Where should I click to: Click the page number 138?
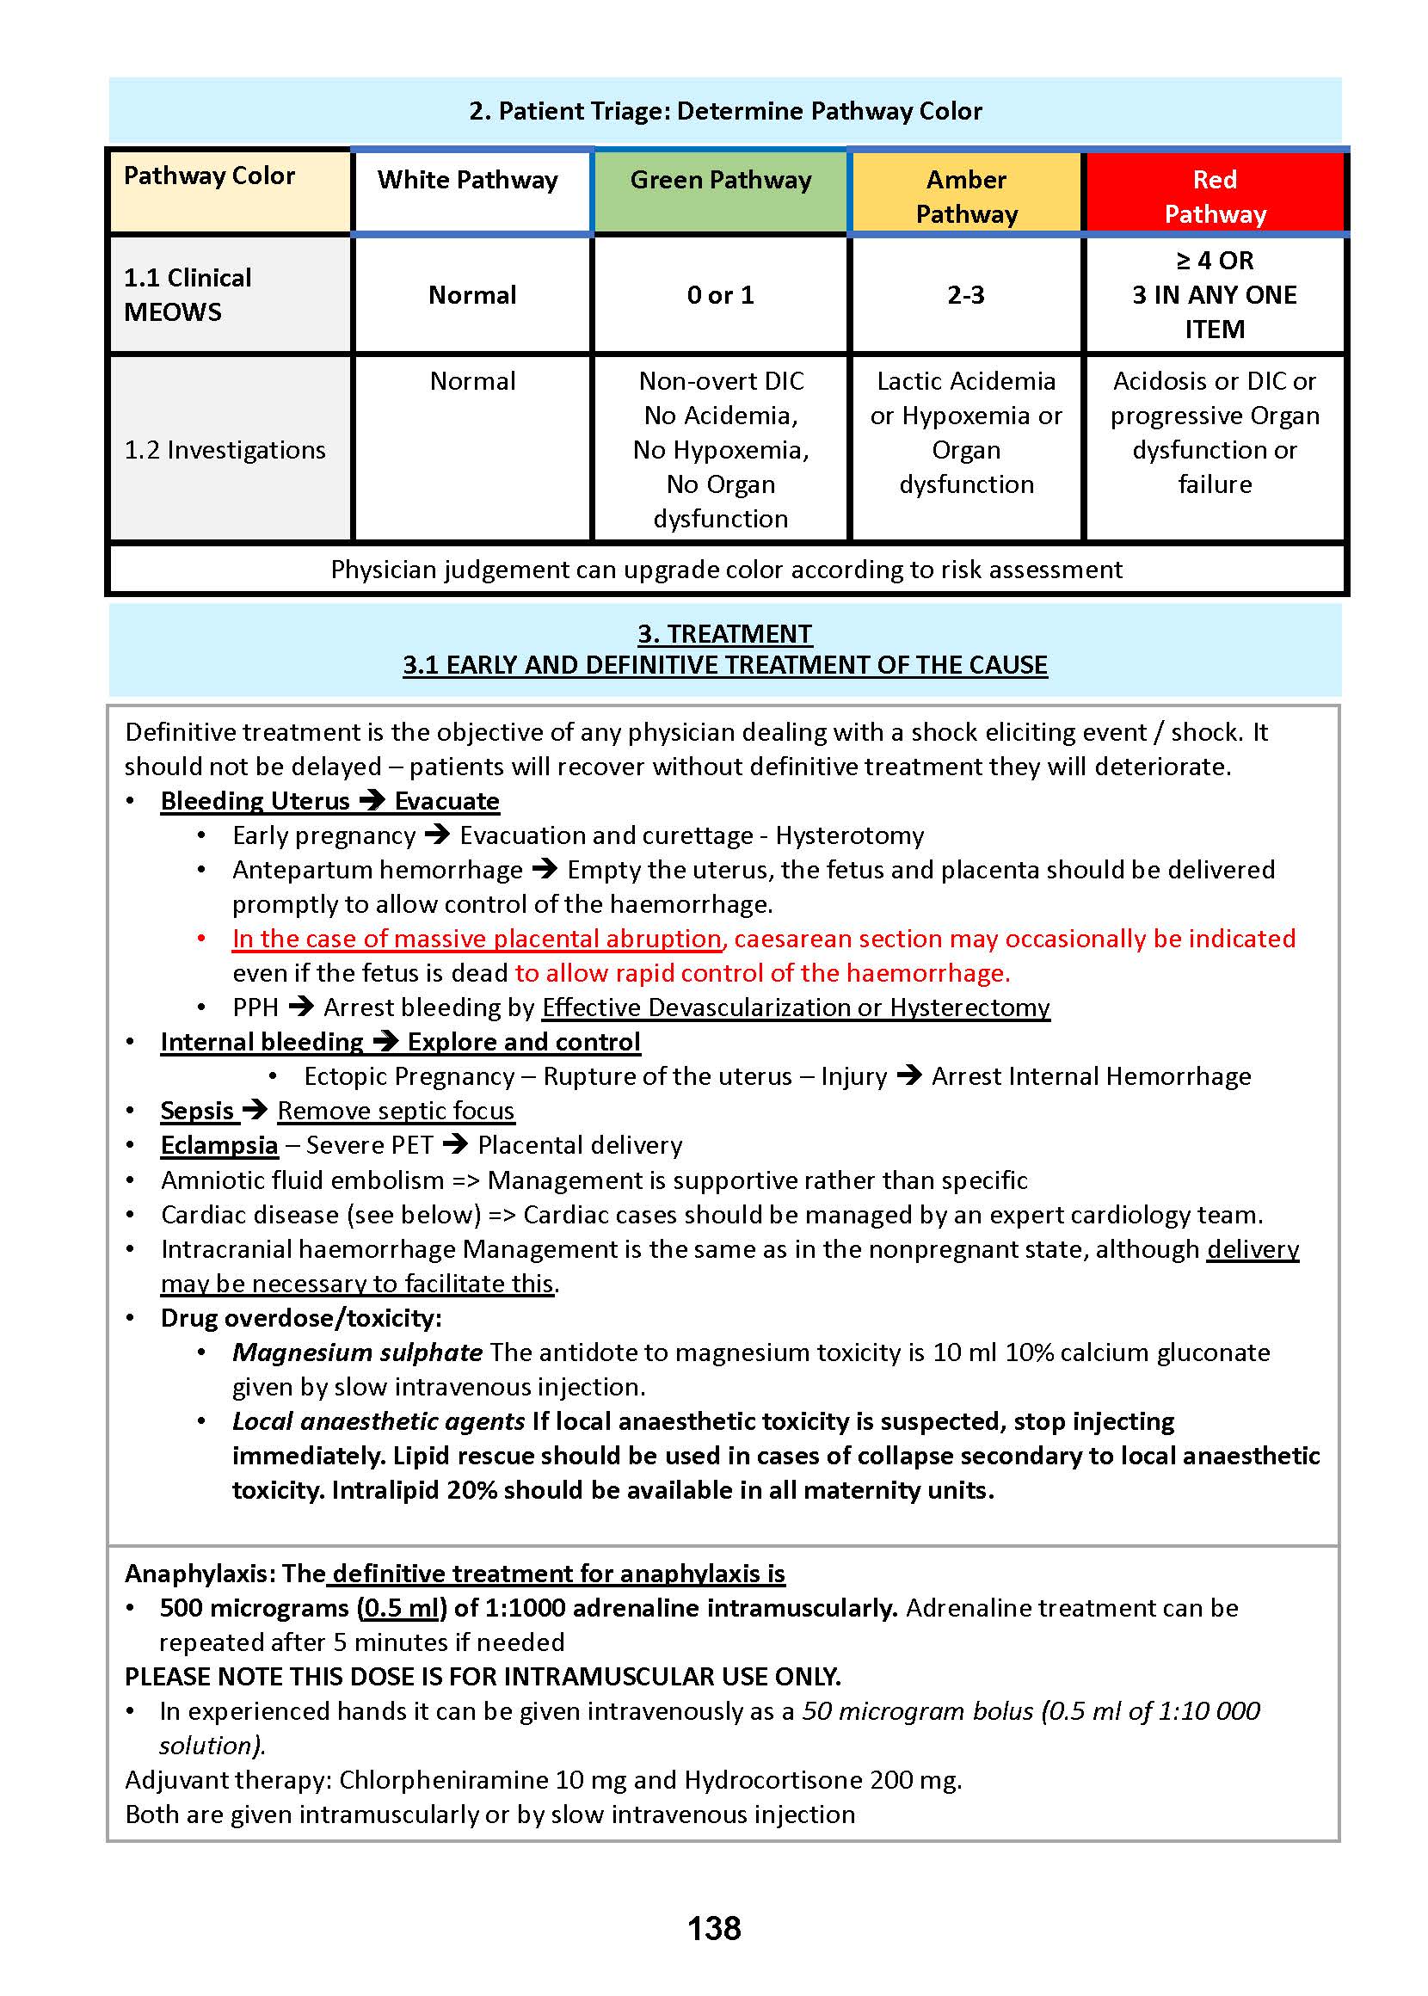[713, 1927]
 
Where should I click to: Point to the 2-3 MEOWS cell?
[965, 295]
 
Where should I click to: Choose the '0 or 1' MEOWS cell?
[720, 295]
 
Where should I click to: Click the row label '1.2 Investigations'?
[225, 450]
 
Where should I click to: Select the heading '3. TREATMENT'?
[724, 634]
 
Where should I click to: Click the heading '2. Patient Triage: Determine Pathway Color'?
[724, 111]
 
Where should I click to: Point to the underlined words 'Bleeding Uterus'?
[255, 801]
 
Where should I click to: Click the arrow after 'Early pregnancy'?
[437, 835]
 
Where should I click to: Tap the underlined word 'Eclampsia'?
[219, 1145]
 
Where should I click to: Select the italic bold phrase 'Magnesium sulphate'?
[357, 1352]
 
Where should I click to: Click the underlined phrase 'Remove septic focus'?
[396, 1111]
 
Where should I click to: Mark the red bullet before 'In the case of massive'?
[201, 939]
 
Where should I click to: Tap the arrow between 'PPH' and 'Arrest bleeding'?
[301, 1007]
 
